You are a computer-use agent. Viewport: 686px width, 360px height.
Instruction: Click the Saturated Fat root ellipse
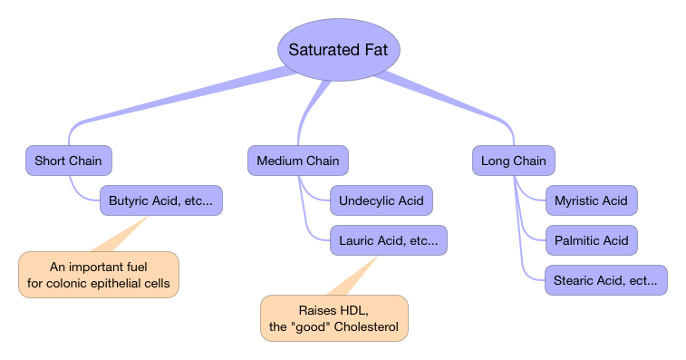337,50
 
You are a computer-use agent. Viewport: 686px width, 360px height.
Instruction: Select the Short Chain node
68,161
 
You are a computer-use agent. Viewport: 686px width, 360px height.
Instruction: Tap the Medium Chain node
297,161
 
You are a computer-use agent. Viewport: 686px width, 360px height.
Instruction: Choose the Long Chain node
513,161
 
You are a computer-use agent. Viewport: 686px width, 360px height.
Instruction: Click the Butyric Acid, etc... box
160,200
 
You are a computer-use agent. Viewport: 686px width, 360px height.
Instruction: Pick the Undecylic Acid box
381,200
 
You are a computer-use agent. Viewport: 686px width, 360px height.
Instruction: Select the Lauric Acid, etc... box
388,240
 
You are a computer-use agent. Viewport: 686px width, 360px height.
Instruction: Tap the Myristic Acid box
591,200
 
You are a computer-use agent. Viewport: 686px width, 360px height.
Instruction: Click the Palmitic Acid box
591,240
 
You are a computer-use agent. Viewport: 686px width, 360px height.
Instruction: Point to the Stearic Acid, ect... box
605,280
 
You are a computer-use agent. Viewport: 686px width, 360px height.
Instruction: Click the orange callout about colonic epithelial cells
99,275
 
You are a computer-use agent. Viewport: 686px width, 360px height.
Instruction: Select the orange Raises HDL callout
333,318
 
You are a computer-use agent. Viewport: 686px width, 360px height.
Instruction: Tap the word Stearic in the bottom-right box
575,280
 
